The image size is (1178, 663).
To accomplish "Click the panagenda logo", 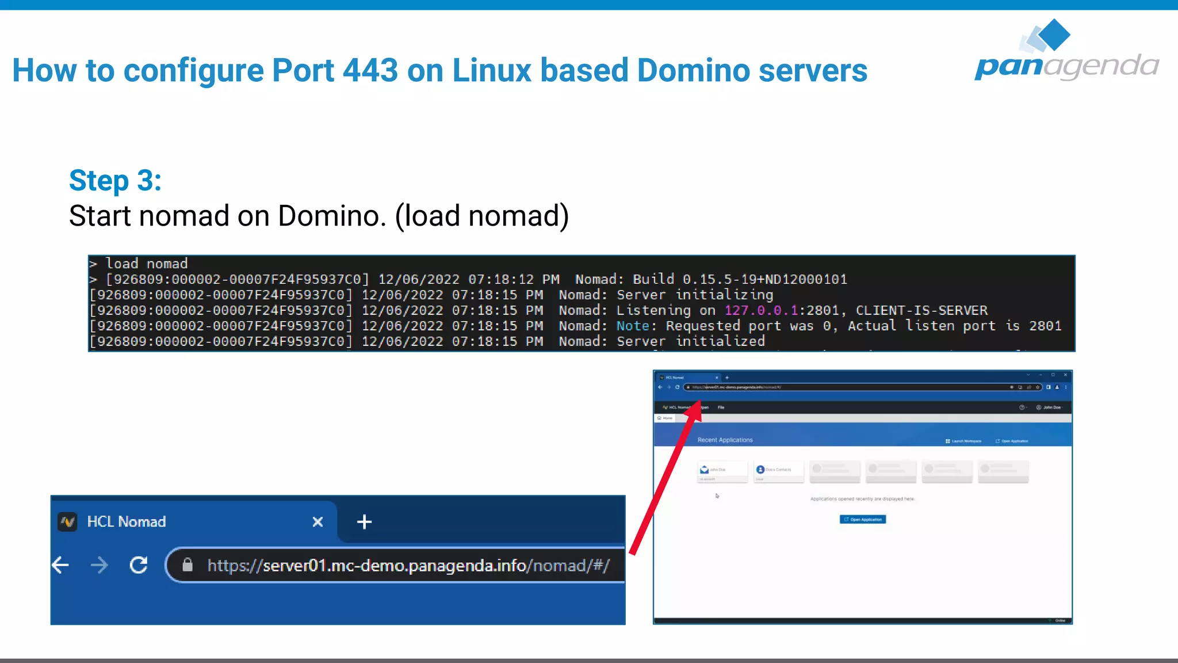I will (1066, 52).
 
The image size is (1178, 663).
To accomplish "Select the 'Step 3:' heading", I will (115, 181).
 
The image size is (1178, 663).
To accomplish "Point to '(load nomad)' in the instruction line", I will (482, 216).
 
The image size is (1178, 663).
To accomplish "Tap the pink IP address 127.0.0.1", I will (761, 311).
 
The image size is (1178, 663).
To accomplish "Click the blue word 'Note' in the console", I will (633, 326).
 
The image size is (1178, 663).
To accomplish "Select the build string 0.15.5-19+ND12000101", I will (764, 280).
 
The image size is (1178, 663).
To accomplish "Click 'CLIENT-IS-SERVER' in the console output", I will (921, 311).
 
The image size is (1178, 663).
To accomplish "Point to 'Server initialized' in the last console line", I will (690, 342).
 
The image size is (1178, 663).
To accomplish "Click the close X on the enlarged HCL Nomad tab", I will (318, 522).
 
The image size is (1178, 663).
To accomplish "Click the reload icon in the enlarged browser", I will (139, 565).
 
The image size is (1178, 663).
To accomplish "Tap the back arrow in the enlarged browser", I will (60, 565).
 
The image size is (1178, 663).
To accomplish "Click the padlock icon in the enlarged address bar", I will (188, 565).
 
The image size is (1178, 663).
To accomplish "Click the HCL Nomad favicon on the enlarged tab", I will (68, 522).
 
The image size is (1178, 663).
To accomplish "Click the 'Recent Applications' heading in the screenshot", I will (725, 440).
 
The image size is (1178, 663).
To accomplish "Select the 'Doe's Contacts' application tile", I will (778, 470).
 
